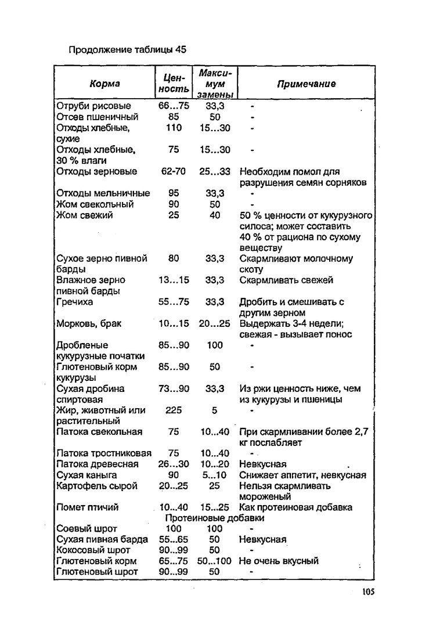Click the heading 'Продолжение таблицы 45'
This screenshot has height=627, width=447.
click(128, 49)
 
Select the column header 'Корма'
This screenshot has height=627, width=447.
click(105, 84)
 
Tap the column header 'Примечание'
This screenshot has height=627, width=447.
click(306, 84)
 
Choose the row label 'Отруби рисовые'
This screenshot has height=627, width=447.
click(93, 106)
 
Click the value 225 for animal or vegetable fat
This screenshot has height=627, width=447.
click(174, 410)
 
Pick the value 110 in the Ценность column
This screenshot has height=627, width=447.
click(174, 128)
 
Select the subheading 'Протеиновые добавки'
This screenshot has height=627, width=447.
click(215, 518)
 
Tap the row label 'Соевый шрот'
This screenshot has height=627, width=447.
click(86, 529)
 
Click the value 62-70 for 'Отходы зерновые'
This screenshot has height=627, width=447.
click(174, 171)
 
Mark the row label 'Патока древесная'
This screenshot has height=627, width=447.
click(98, 464)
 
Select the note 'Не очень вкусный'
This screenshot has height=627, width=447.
click(279, 561)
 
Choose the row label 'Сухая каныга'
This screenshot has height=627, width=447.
click(86, 475)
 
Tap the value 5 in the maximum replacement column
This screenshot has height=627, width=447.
click(214, 410)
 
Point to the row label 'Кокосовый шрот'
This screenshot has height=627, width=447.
click(93, 550)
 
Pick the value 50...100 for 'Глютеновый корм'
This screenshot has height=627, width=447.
click(214, 561)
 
